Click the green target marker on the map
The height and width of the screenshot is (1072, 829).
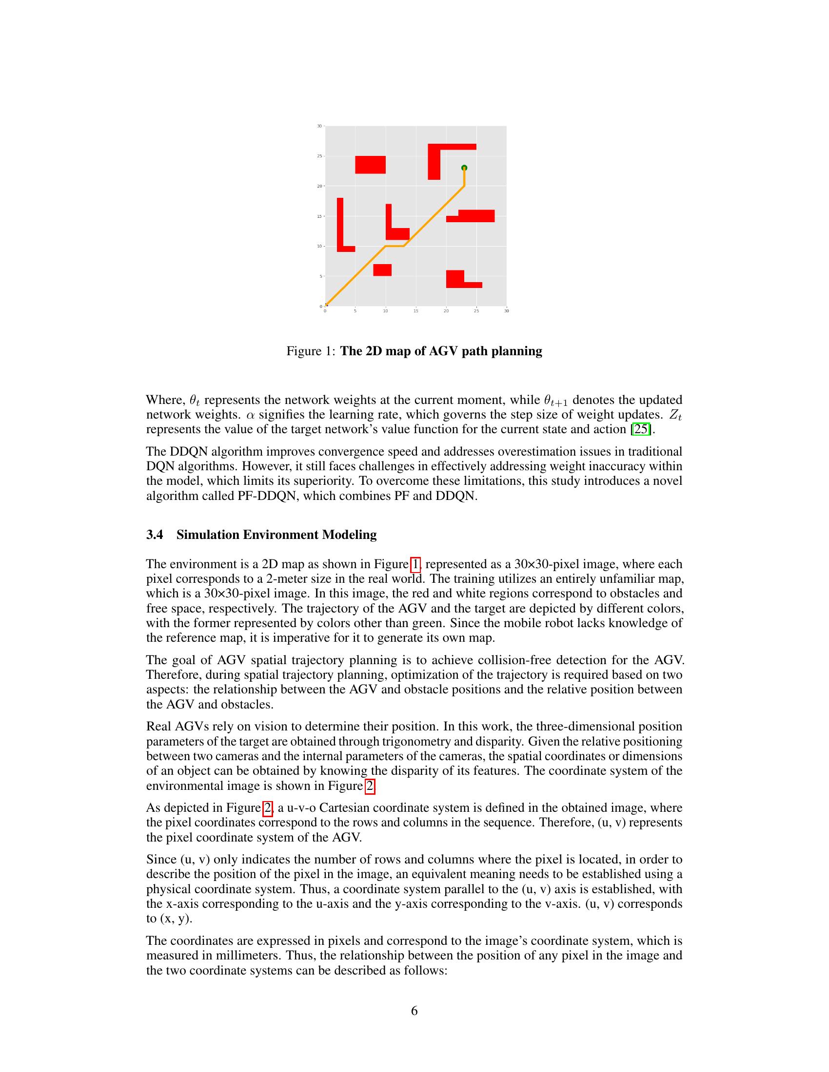(x=464, y=168)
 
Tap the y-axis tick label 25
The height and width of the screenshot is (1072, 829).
(x=319, y=156)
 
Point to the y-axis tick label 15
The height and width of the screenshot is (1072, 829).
(x=319, y=216)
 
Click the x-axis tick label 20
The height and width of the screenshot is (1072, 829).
(x=446, y=311)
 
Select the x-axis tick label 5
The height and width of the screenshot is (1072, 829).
(x=355, y=311)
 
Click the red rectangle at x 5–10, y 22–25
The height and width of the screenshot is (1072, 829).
(x=370, y=165)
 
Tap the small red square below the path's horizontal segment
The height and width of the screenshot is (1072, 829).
(x=382, y=270)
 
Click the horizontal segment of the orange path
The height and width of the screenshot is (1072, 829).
(x=395, y=246)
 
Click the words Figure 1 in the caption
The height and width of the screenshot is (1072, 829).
(x=310, y=351)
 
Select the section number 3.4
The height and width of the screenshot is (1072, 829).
(x=155, y=535)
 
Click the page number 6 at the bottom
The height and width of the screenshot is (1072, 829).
(x=414, y=1011)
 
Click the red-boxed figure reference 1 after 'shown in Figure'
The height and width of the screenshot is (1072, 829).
(x=415, y=564)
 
